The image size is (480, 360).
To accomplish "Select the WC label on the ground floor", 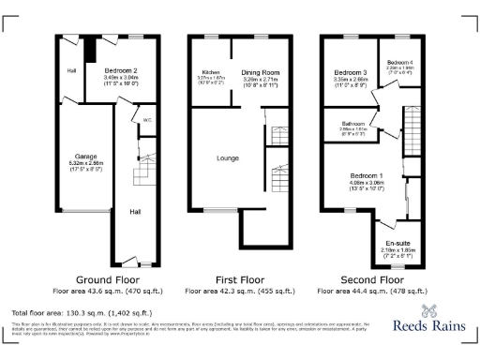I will coord(148,120).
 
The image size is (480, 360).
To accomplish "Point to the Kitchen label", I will coord(210,71).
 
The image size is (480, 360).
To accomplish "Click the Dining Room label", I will coord(262,71).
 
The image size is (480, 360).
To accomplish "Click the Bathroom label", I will coord(352,123).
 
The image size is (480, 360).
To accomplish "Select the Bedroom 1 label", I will coord(367,175).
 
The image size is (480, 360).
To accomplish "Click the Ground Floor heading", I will coord(109,279).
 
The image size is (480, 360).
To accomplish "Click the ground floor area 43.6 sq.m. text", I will coord(109,291).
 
